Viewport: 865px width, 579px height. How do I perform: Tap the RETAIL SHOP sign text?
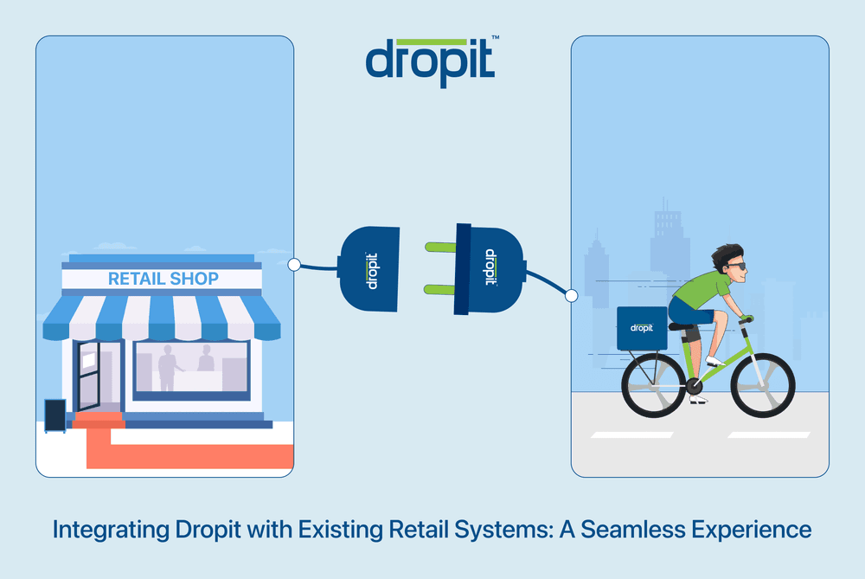(x=163, y=279)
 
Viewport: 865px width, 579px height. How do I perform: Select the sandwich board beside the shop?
(x=54, y=415)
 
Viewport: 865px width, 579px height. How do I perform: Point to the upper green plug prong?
(x=441, y=248)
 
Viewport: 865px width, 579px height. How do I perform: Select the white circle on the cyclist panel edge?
(x=571, y=296)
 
